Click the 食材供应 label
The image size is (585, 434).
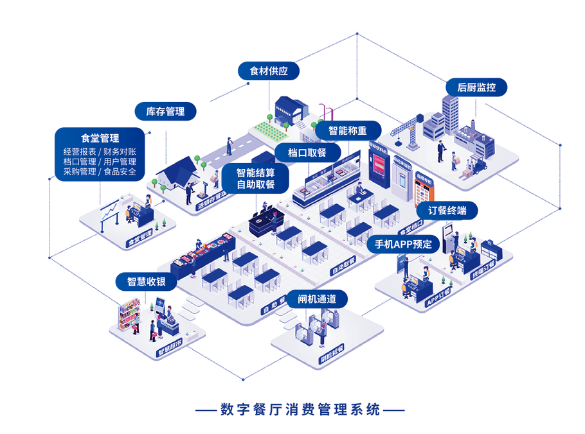[269, 71]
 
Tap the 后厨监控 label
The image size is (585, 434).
[476, 87]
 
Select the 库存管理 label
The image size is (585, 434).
[165, 112]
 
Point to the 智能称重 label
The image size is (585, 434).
[348, 130]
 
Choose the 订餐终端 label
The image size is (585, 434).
[447, 211]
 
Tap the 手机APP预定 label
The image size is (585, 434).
[403, 244]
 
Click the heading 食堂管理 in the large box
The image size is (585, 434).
[100, 138]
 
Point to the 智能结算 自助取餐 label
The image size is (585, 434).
[255, 178]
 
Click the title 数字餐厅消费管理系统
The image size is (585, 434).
[300, 409]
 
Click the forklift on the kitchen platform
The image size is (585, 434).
[478, 167]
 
